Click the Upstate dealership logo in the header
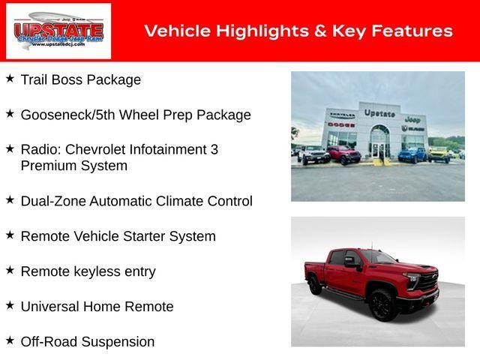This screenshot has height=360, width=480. (x=58, y=31)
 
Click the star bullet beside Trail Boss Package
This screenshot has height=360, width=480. (x=10, y=78)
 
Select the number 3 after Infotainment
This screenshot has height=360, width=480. (x=214, y=149)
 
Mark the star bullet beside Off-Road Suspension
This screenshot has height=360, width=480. (x=10, y=340)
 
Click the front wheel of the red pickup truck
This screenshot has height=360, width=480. (x=382, y=304)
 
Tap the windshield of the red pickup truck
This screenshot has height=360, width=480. (x=379, y=257)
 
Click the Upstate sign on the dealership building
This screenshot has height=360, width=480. (x=379, y=113)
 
